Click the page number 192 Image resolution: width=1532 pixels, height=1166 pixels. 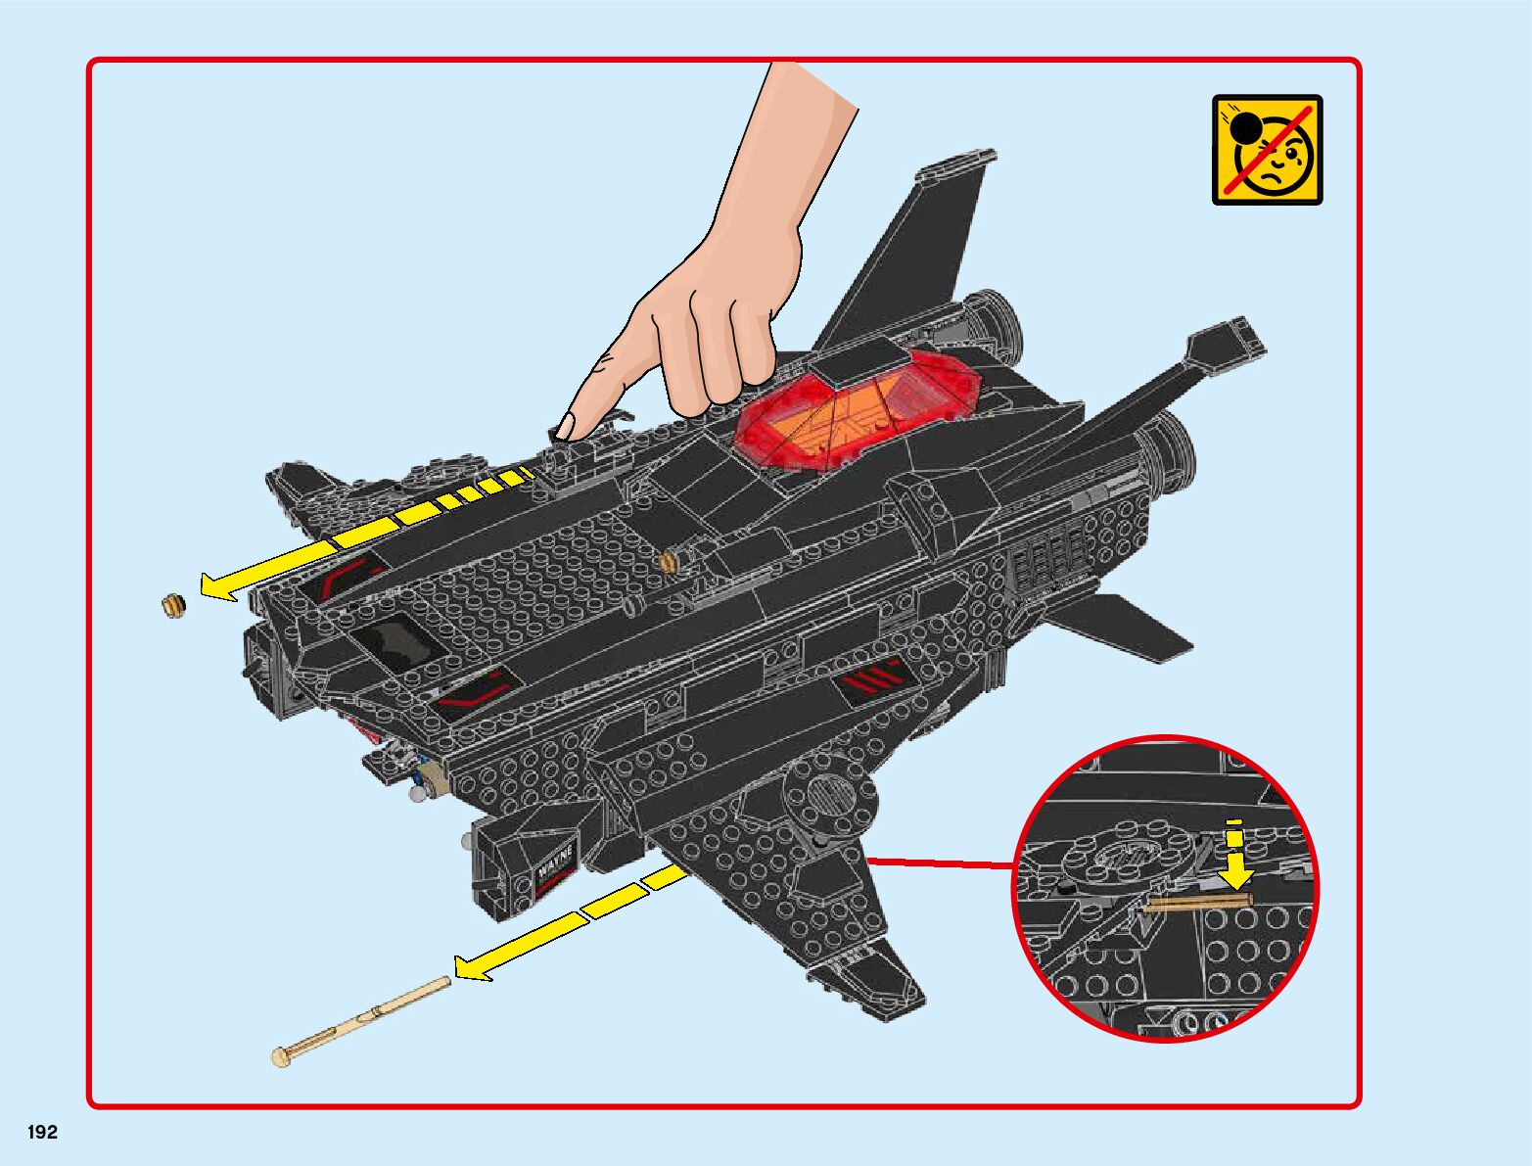coord(43,1133)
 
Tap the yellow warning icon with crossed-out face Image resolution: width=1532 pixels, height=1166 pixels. coord(1267,149)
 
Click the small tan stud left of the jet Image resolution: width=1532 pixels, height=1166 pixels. coord(173,604)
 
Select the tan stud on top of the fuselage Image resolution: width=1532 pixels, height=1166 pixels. coord(670,561)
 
